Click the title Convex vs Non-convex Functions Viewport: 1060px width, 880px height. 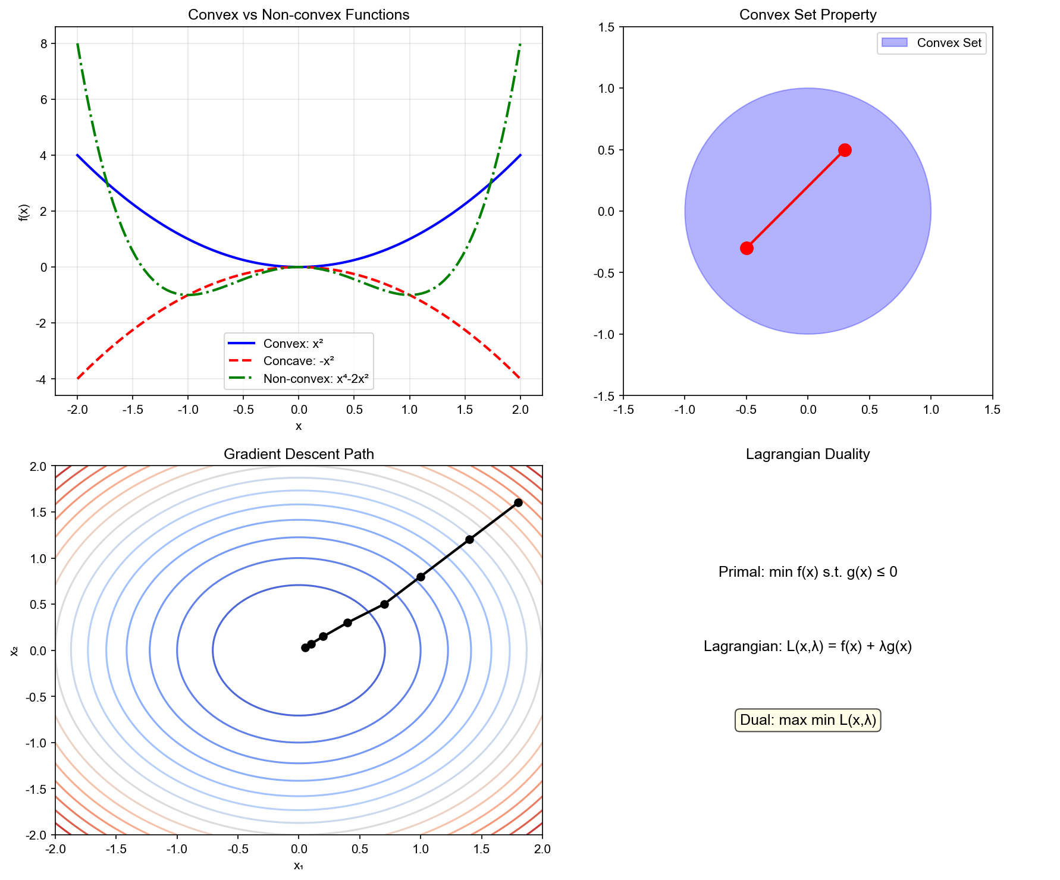(x=299, y=15)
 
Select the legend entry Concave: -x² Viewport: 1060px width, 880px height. (x=299, y=361)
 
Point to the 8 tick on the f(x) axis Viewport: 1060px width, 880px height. (x=44, y=43)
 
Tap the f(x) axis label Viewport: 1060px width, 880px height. (x=23, y=212)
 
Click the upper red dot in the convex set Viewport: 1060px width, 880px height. (x=845, y=150)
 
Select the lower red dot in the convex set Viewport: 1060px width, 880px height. (x=747, y=248)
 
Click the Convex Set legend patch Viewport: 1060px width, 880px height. (x=894, y=43)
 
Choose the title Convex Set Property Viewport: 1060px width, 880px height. (x=807, y=15)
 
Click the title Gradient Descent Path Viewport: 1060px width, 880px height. (x=299, y=454)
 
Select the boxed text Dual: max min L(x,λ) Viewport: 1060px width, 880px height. (x=807, y=720)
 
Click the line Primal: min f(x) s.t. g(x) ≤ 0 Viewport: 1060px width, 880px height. (x=807, y=572)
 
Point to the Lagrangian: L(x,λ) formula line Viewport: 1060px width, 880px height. (x=807, y=646)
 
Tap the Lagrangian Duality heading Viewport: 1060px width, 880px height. (x=807, y=454)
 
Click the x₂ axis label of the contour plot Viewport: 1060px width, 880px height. (x=15, y=650)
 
